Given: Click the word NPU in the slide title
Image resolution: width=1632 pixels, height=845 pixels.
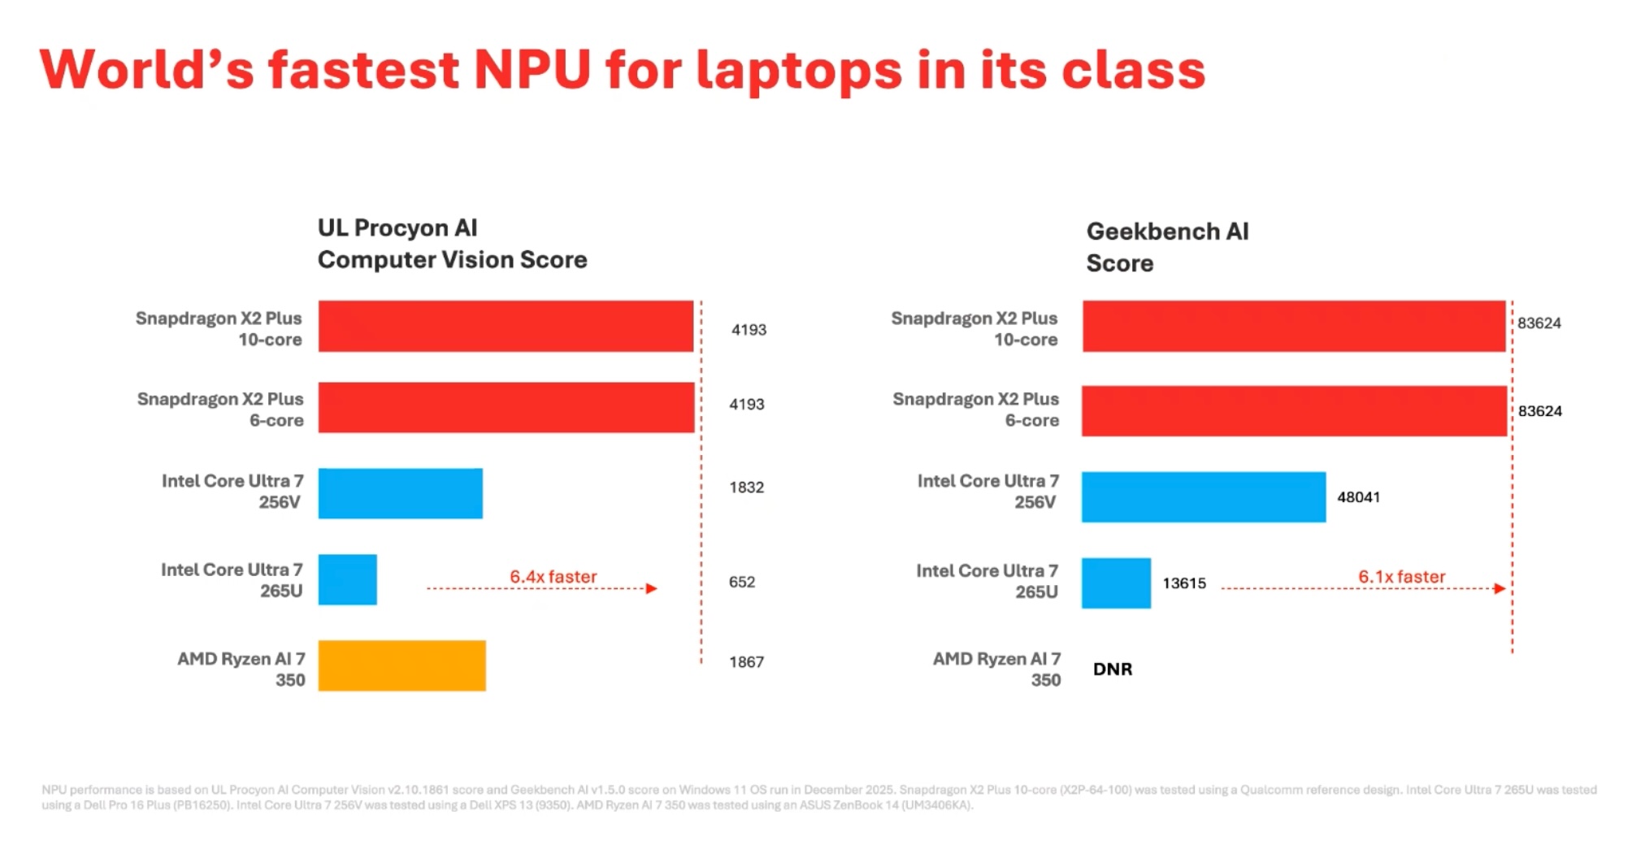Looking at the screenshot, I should coord(532,70).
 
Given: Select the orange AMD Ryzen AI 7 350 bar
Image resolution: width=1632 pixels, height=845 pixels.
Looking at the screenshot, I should coord(401,665).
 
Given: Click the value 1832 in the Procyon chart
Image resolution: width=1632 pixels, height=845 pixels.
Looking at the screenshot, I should coord(746,487).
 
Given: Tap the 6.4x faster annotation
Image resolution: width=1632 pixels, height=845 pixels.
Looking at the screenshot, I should coord(553,576).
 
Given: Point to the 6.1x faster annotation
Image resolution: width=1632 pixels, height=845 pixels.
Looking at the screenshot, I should coord(1401,576).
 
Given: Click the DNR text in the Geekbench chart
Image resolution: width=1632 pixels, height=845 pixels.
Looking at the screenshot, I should coord(1112,669).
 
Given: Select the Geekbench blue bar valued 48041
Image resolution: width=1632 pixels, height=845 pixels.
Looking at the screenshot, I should coord(1203,496).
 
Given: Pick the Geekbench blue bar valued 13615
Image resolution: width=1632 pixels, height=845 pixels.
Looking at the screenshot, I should coord(1115,583).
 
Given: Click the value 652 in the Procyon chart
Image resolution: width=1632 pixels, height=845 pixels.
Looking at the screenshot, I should coord(741,582).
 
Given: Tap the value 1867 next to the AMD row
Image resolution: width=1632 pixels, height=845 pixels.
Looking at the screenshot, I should coord(746,662).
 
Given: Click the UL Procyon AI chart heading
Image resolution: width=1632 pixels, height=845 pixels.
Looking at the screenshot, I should coord(452,244).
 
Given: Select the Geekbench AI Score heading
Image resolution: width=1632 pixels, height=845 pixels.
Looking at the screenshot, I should coord(1166,247).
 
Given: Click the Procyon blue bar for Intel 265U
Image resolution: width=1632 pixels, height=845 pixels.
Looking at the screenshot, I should coord(347,579).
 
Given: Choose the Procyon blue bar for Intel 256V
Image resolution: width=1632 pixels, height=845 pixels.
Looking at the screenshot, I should coord(400,493).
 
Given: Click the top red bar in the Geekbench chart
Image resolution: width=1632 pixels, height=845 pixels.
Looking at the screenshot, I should coord(1293,326).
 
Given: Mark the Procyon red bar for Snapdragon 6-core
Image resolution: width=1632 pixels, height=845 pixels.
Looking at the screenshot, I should coord(506,407).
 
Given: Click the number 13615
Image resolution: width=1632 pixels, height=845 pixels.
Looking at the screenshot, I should coord(1183,583).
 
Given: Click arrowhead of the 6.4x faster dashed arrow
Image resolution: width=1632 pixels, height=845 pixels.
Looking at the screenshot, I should coord(652,588).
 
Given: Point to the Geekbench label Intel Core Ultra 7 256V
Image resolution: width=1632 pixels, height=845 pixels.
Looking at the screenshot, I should coord(987,491).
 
